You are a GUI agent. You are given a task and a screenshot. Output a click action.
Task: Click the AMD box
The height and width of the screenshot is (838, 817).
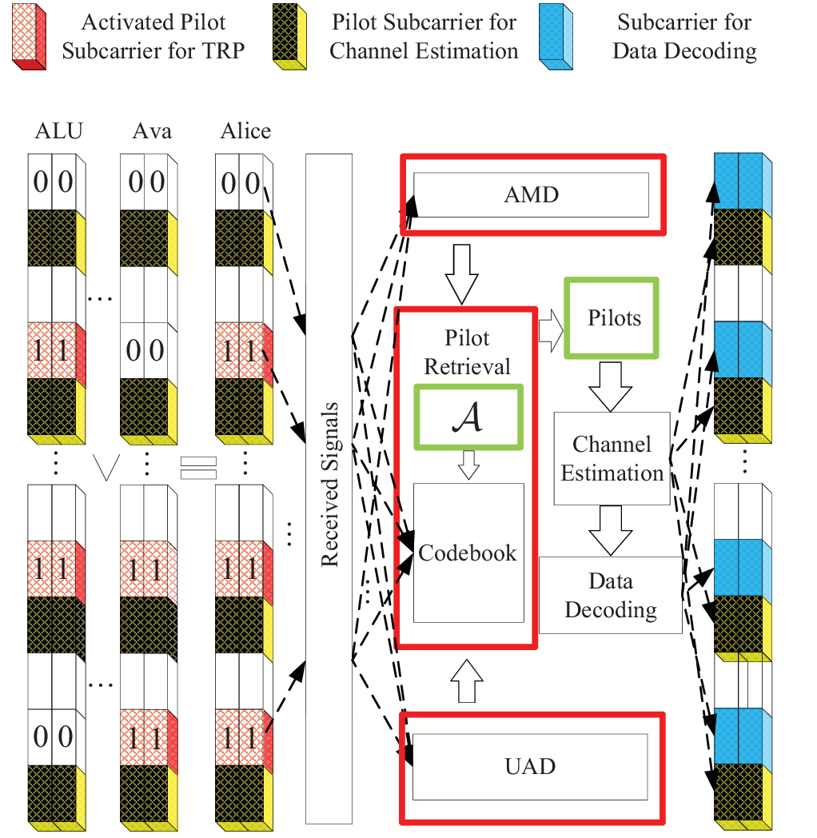[531, 194]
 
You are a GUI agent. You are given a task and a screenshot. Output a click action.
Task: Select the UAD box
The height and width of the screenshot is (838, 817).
[530, 766]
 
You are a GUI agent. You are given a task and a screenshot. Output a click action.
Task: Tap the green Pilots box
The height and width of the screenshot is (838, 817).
[612, 318]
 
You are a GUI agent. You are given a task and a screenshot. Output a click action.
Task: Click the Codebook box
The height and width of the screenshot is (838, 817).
[468, 553]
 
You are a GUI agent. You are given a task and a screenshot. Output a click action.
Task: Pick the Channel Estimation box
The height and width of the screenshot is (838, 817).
[612, 458]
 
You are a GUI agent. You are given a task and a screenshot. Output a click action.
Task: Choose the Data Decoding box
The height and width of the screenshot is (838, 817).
[611, 596]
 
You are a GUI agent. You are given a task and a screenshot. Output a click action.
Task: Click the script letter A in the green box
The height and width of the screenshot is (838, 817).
[468, 417]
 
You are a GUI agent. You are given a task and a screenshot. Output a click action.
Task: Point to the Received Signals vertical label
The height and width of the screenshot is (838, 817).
[329, 485]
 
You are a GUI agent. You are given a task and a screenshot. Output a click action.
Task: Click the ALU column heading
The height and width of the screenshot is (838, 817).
[59, 131]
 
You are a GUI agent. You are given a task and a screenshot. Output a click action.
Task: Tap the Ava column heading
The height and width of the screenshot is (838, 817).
[152, 131]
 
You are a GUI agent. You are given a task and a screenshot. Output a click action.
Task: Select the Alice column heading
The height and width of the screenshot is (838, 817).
[245, 131]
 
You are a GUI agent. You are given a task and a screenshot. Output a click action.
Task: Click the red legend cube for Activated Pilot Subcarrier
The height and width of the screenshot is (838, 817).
[29, 37]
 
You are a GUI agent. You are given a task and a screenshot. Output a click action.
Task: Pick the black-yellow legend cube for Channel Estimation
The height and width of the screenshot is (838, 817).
[289, 37]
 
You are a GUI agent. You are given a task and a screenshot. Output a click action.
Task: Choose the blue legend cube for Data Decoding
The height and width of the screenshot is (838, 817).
[556, 37]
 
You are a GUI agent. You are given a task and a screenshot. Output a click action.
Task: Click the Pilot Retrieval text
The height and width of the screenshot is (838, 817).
[467, 352]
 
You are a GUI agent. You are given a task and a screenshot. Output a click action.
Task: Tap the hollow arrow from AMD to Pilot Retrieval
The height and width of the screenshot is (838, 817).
[462, 274]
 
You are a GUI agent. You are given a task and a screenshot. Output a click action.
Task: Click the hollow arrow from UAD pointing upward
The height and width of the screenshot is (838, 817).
[467, 680]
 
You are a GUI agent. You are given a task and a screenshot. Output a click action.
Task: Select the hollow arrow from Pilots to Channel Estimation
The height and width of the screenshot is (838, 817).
[611, 386]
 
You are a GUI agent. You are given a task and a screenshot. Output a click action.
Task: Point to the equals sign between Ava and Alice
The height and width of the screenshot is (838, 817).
[198, 468]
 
